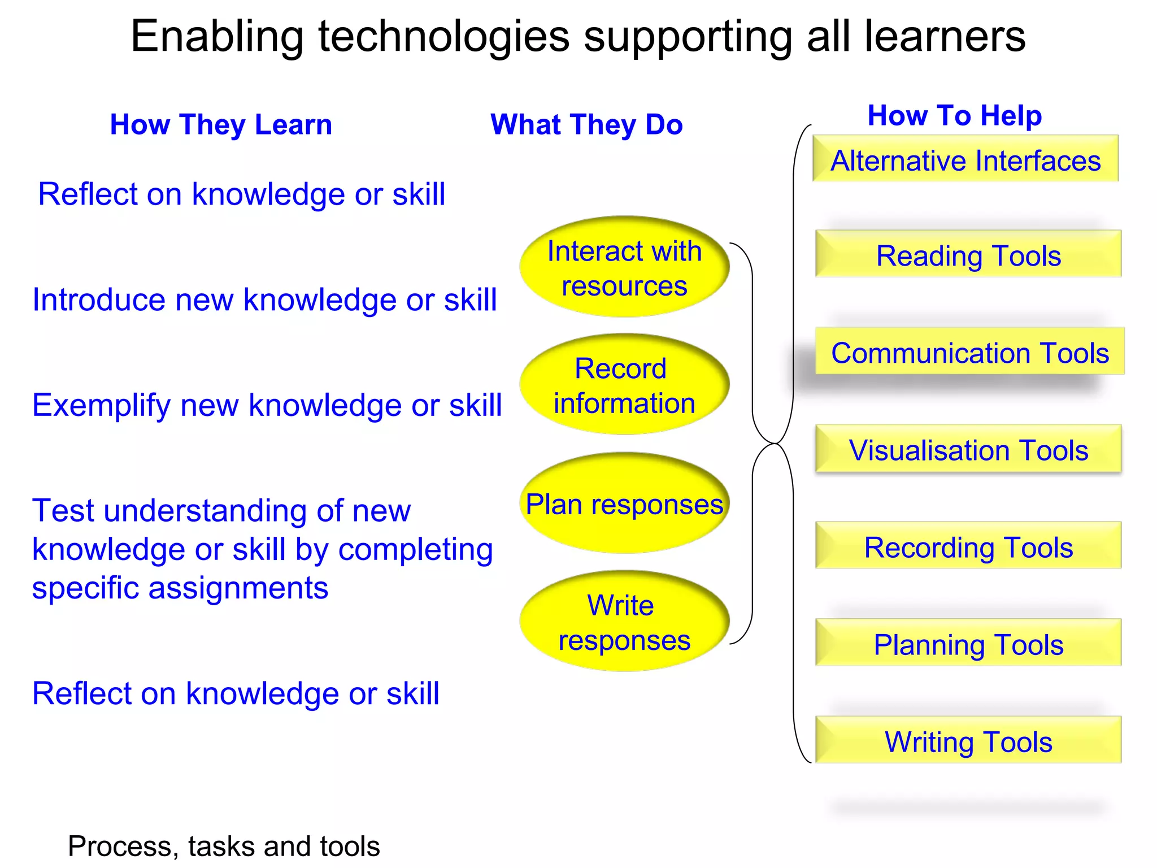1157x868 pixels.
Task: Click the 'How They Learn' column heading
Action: point(221,124)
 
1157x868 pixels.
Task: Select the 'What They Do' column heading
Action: point(586,124)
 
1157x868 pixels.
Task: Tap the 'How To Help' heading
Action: point(955,115)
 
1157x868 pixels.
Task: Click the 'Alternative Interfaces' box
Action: point(965,159)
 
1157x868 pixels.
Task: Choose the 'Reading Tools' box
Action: point(968,254)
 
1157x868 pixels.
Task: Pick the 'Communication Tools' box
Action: point(969,351)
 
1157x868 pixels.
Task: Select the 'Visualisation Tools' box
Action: point(968,449)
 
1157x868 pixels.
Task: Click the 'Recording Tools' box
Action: point(968,546)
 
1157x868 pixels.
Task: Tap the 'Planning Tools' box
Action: point(968,643)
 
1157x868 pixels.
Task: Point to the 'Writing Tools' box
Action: point(968,740)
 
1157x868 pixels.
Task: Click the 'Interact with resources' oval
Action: point(624,267)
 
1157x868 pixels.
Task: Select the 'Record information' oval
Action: point(624,385)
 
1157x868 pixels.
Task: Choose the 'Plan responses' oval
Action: point(624,504)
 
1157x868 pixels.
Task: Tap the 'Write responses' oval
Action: point(624,622)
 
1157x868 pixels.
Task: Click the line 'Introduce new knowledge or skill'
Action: point(264,300)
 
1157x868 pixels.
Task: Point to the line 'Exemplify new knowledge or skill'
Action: point(267,405)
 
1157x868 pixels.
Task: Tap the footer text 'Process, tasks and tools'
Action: point(224,846)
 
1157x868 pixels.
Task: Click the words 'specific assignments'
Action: point(180,588)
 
